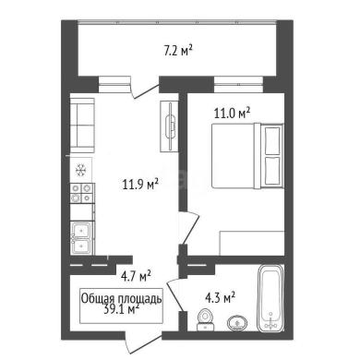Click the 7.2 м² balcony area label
[177, 51]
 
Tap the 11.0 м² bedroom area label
[232, 113]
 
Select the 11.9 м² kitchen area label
[140, 185]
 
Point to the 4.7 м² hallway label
[136, 276]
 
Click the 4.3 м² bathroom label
[220, 297]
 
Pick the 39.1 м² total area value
[121, 309]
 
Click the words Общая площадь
[121, 298]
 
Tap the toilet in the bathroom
[204, 319]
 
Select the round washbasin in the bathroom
[237, 323]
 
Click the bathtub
[270, 298]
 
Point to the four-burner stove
[82, 193]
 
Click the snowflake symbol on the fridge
[81, 170]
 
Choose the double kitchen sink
[81, 238]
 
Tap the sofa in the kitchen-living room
[82, 126]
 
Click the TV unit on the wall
[170, 126]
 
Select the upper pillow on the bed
[272, 139]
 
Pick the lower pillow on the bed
[272, 171]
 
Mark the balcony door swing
[145, 91]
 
